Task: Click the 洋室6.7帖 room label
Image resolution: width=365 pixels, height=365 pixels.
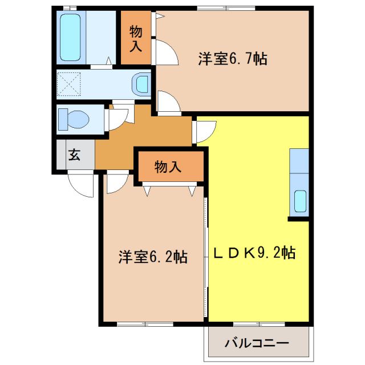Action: tap(233, 59)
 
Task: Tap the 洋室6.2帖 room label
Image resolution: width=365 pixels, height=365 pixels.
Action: tap(153, 257)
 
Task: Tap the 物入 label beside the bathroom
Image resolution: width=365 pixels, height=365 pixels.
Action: tap(135, 37)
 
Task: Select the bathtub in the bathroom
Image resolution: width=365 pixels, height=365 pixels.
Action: tap(71, 36)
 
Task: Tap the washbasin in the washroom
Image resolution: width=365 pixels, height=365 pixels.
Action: tap(140, 84)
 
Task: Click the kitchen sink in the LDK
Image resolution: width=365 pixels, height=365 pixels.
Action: tap(299, 201)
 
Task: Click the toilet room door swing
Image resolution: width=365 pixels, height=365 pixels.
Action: tap(118, 117)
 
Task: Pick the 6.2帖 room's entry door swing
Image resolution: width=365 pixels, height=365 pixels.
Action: tap(116, 182)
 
